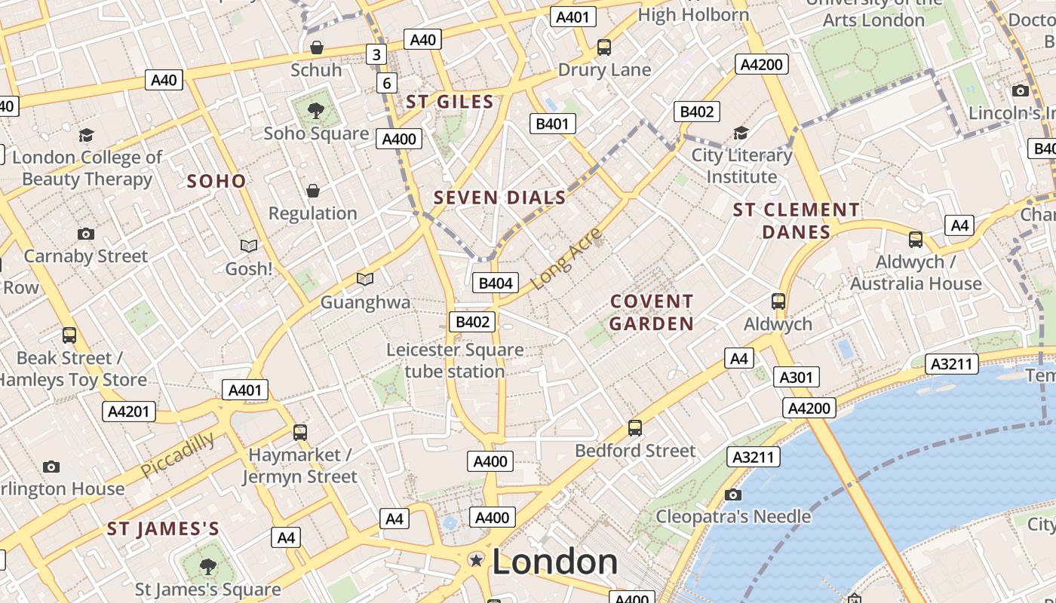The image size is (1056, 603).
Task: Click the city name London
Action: click(554, 562)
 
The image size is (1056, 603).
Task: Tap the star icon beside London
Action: click(476, 560)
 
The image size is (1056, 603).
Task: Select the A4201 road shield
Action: click(129, 412)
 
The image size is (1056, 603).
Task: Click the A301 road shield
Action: click(796, 377)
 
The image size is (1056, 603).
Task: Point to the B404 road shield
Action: click(496, 283)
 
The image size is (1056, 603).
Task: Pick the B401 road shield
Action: click(553, 124)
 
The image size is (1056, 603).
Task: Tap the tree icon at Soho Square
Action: click(316, 112)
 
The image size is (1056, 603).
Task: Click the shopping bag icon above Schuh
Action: click(317, 47)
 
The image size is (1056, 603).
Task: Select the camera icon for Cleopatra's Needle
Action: click(732, 494)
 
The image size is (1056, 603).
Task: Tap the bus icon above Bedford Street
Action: click(635, 428)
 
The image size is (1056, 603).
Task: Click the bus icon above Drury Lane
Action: click(603, 47)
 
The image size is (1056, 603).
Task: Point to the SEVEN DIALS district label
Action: click(499, 198)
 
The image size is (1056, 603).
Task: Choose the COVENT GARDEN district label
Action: click(652, 312)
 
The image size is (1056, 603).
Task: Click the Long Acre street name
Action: click(567, 258)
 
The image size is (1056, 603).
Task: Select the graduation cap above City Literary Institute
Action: click(741, 133)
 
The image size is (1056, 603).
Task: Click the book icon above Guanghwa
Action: click(365, 280)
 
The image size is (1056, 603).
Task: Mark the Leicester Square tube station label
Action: click(455, 360)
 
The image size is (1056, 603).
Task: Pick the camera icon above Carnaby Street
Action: click(86, 234)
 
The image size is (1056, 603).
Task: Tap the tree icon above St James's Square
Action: click(207, 566)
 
